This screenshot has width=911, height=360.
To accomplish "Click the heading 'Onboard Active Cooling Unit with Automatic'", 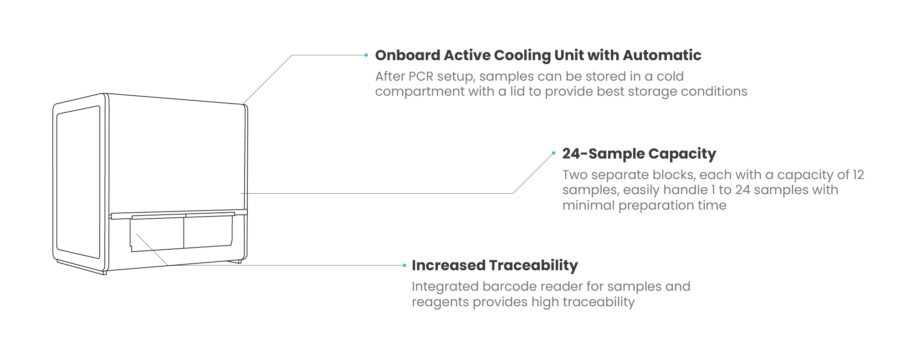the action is [x=538, y=56].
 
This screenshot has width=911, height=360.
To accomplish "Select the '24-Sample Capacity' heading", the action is [x=639, y=154].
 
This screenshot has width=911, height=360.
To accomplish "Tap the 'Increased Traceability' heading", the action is [x=495, y=265].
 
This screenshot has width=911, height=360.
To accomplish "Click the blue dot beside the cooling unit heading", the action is [x=366, y=55].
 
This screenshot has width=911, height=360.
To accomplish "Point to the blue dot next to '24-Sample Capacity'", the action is [x=553, y=153].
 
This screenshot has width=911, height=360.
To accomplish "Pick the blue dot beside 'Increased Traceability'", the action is [x=404, y=265].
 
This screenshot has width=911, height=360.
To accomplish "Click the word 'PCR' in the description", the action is [x=421, y=76].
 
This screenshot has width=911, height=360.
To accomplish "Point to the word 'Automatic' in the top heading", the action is [x=662, y=56].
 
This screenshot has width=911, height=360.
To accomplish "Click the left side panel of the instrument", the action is [x=78, y=182].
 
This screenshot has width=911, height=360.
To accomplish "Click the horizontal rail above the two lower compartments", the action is [x=179, y=214].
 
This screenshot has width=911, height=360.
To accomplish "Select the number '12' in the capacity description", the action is [x=859, y=175].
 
